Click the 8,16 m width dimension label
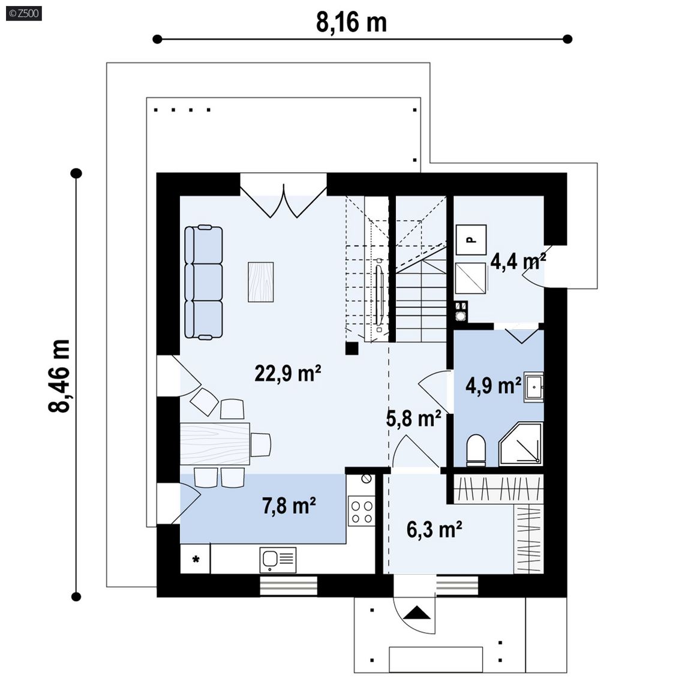click(351, 22)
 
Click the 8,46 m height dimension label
click(59, 376)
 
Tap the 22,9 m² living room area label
click(287, 373)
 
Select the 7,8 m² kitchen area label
click(289, 506)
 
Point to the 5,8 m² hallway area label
click(413, 418)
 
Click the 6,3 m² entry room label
click(434, 529)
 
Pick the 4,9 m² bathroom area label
click(494, 386)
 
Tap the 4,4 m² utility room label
click(518, 262)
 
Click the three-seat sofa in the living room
click(203, 282)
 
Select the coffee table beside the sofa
click(260, 282)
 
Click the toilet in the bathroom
click(476, 450)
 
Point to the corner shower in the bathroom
click(521, 444)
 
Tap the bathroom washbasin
click(533, 387)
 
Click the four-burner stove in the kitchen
click(361, 511)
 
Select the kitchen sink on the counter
click(278, 560)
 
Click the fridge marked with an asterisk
click(195, 559)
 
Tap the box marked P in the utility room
click(471, 240)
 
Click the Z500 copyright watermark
click(24, 13)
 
